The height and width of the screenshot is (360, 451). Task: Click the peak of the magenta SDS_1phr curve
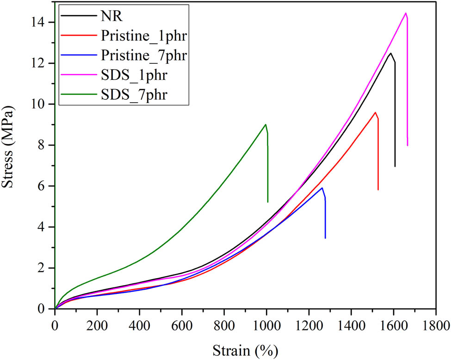[406, 13]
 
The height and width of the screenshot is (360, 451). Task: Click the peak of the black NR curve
[391, 53]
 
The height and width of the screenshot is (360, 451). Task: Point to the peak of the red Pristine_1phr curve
[375, 112]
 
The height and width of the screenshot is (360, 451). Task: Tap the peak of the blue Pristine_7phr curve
[322, 188]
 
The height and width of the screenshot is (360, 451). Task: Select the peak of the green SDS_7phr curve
[266, 124]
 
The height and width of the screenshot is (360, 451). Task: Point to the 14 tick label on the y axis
[42, 22]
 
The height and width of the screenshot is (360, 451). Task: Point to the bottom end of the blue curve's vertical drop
[325, 238]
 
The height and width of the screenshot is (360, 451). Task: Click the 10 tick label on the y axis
[42, 104]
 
